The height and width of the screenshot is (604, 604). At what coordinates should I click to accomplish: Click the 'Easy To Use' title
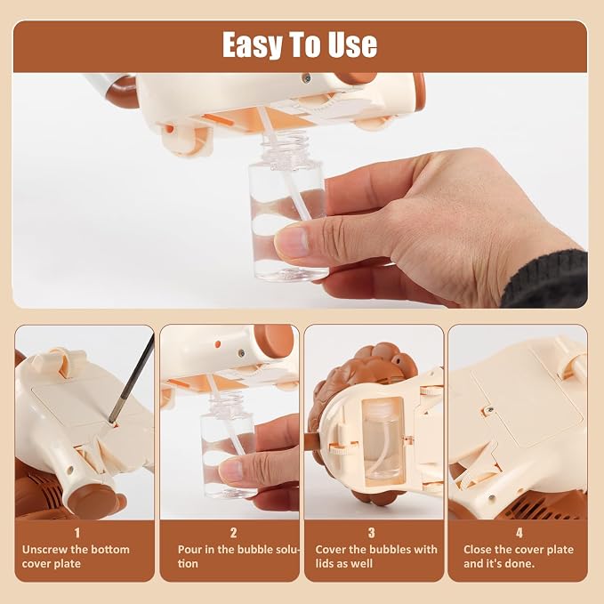click(300, 44)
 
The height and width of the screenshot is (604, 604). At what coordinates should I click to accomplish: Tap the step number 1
click(77, 533)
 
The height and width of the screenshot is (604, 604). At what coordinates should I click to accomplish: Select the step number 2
click(233, 533)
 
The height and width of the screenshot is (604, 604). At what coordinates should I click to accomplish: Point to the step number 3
click(371, 533)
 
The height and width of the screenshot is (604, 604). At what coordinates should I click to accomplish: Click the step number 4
click(519, 533)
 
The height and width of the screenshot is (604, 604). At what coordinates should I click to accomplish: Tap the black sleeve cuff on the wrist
click(547, 279)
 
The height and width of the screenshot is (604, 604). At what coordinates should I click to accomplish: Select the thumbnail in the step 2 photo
click(231, 471)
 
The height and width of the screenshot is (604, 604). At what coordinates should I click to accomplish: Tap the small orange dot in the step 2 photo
click(218, 343)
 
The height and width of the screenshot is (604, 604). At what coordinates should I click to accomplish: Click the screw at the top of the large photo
click(307, 78)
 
